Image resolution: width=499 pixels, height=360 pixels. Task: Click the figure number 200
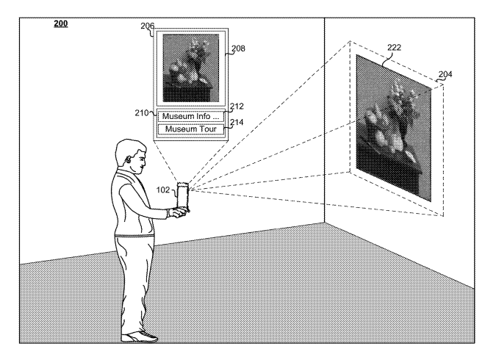(60, 24)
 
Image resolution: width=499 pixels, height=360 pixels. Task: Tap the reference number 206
(147, 26)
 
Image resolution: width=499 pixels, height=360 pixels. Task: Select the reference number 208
(238, 48)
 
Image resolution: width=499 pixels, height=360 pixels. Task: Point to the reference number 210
(141, 113)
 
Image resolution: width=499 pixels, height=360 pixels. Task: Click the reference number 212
(237, 107)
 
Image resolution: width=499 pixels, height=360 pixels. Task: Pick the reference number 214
(237, 122)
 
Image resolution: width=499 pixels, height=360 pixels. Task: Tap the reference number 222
(394, 47)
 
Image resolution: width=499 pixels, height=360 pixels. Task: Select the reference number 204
(445, 74)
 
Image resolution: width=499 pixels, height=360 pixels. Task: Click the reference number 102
(162, 190)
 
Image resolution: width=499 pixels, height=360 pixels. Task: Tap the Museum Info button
(190, 116)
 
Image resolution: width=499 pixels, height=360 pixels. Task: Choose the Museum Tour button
(190, 129)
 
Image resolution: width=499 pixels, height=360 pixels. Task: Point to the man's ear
(128, 159)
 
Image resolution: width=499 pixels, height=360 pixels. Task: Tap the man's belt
(134, 236)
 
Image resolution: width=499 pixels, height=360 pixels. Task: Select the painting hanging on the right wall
(394, 128)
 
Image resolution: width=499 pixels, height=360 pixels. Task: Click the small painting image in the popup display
(190, 68)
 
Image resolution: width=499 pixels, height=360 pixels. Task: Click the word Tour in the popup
(208, 129)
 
